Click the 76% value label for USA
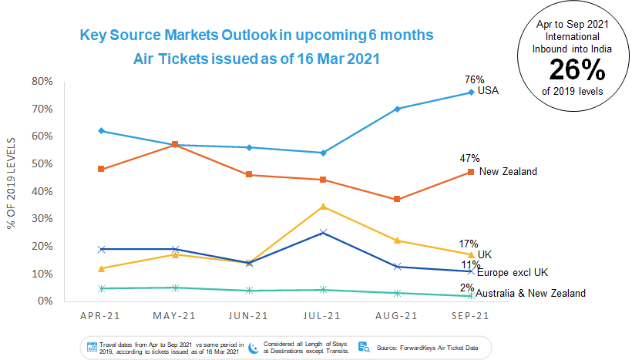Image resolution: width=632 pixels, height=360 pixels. click(473, 79)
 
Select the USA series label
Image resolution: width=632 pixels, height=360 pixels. click(489, 91)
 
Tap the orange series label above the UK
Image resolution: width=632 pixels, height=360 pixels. click(507, 171)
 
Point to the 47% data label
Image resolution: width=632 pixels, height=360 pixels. click(469, 159)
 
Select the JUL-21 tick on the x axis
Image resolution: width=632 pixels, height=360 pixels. click(323, 315)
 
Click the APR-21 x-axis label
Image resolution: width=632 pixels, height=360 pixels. click(101, 315)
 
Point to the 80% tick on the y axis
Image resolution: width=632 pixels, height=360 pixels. click(42, 81)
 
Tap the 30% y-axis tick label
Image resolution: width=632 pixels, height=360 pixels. click(42, 219)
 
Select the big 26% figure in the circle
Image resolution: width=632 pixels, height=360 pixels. click(577, 71)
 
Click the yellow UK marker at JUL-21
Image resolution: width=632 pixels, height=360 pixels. click(323, 207)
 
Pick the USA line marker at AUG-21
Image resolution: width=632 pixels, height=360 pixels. click(397, 109)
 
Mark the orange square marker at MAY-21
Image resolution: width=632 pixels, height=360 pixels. click(175, 144)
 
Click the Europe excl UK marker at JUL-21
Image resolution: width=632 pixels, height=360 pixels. click(323, 232)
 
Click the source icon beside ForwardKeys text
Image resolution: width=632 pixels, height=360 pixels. click(365, 347)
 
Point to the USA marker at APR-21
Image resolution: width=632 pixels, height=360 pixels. click(101, 131)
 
